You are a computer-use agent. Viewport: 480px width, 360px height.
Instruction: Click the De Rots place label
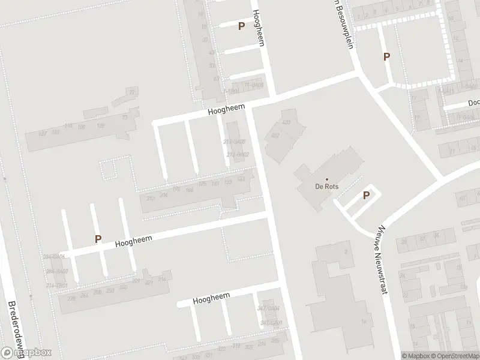click(x=327, y=187)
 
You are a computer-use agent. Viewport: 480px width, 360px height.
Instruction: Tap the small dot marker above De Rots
click(x=327, y=179)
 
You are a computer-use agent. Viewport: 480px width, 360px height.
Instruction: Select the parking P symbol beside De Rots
click(x=366, y=195)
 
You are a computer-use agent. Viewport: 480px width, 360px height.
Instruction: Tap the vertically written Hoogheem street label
click(x=259, y=28)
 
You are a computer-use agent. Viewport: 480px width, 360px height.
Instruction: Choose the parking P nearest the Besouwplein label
click(x=387, y=57)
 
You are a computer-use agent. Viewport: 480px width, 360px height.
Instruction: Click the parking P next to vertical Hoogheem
click(x=241, y=26)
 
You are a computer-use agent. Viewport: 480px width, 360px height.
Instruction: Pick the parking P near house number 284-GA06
click(x=98, y=239)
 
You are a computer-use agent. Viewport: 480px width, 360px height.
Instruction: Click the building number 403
click(x=286, y=122)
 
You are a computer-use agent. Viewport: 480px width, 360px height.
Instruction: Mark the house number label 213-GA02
click(x=238, y=154)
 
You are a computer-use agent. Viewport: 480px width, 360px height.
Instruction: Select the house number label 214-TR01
click(x=57, y=285)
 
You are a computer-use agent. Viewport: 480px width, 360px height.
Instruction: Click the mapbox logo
click(x=26, y=353)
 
